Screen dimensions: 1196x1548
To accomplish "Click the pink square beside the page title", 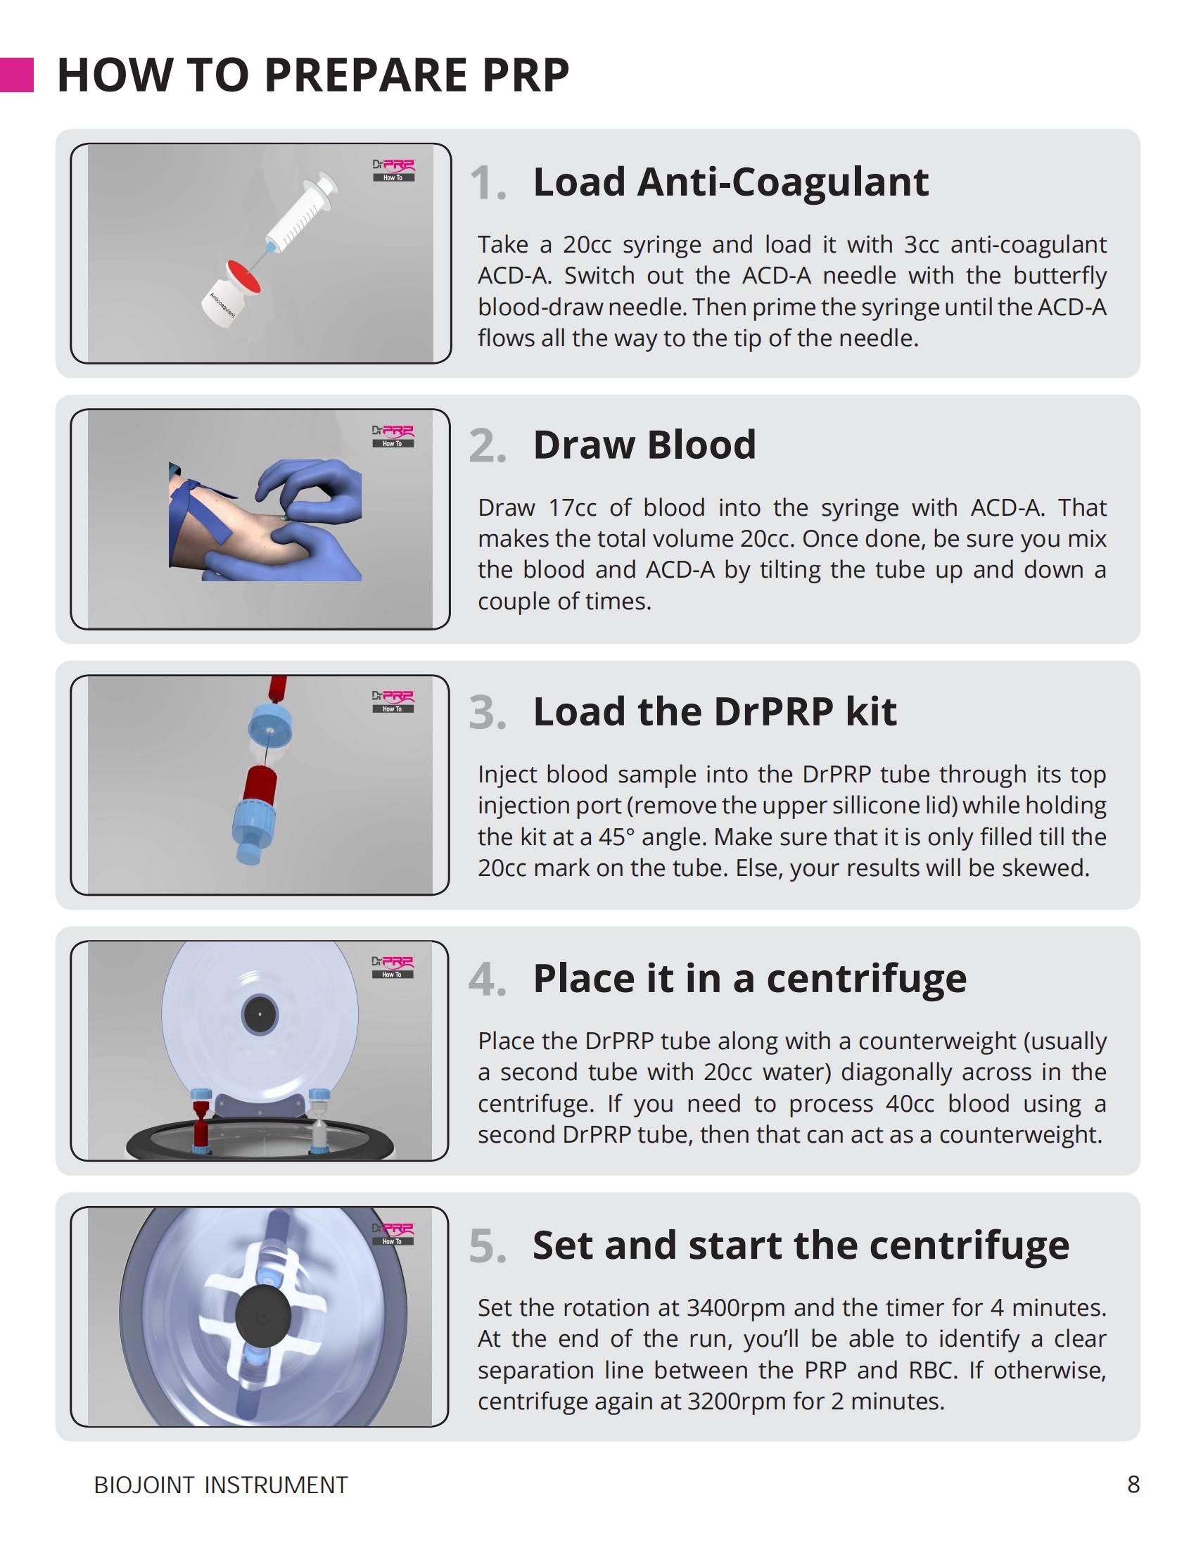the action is pyautogui.click(x=16, y=75).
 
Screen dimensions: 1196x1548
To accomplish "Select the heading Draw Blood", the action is pyautogui.click(x=644, y=445).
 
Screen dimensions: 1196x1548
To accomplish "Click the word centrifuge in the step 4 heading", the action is pyautogui.click(x=867, y=979).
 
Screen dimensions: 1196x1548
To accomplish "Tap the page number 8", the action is pyautogui.click(x=1133, y=1484).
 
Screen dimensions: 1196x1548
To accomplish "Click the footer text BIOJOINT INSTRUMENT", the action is pyautogui.click(x=221, y=1485).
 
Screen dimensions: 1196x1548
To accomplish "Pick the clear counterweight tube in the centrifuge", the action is pyautogui.click(x=319, y=1121).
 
